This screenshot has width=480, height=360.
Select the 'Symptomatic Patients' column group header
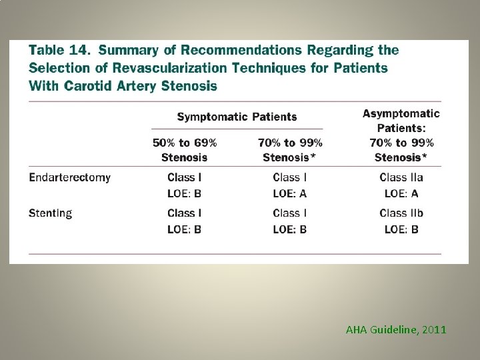[237, 117]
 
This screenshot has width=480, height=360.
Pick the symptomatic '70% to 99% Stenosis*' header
[290, 150]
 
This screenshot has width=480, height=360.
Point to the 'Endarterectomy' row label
[70, 177]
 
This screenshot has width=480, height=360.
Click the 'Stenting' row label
[51, 213]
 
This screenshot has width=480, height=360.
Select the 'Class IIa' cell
[401, 177]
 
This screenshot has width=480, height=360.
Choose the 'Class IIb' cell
[401, 213]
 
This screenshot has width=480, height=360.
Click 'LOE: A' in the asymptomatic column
[401, 193]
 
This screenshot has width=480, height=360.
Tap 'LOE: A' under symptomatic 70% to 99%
[290, 193]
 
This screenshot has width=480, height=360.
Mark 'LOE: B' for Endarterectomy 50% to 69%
[185, 193]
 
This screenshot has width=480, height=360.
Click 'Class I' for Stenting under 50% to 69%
[185, 213]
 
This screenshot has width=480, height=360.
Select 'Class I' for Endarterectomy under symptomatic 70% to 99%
[290, 177]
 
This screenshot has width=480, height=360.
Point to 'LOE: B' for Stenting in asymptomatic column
[401, 229]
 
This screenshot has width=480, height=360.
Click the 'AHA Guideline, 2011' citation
[396, 329]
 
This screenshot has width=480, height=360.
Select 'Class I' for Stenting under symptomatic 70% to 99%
[290, 213]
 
